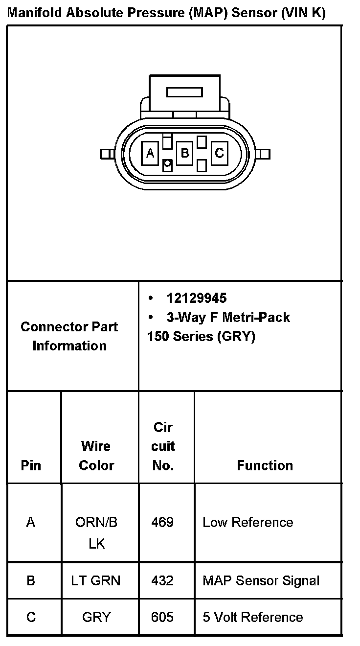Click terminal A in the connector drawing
[150, 154]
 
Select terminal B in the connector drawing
[185, 154]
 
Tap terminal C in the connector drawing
[219, 154]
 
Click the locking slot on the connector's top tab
[184, 92]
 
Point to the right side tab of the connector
[263, 154]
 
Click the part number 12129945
[197, 298]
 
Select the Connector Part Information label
[69, 336]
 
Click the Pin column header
[31, 465]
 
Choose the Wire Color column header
[96, 456]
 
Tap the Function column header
[265, 465]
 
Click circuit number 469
[162, 522]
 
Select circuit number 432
[162, 580]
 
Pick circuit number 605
[162, 617]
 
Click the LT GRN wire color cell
[96, 580]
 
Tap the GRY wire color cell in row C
[96, 617]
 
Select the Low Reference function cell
[248, 522]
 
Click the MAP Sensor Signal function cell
[261, 580]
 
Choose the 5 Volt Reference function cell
[253, 617]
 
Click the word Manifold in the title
[35, 13]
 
